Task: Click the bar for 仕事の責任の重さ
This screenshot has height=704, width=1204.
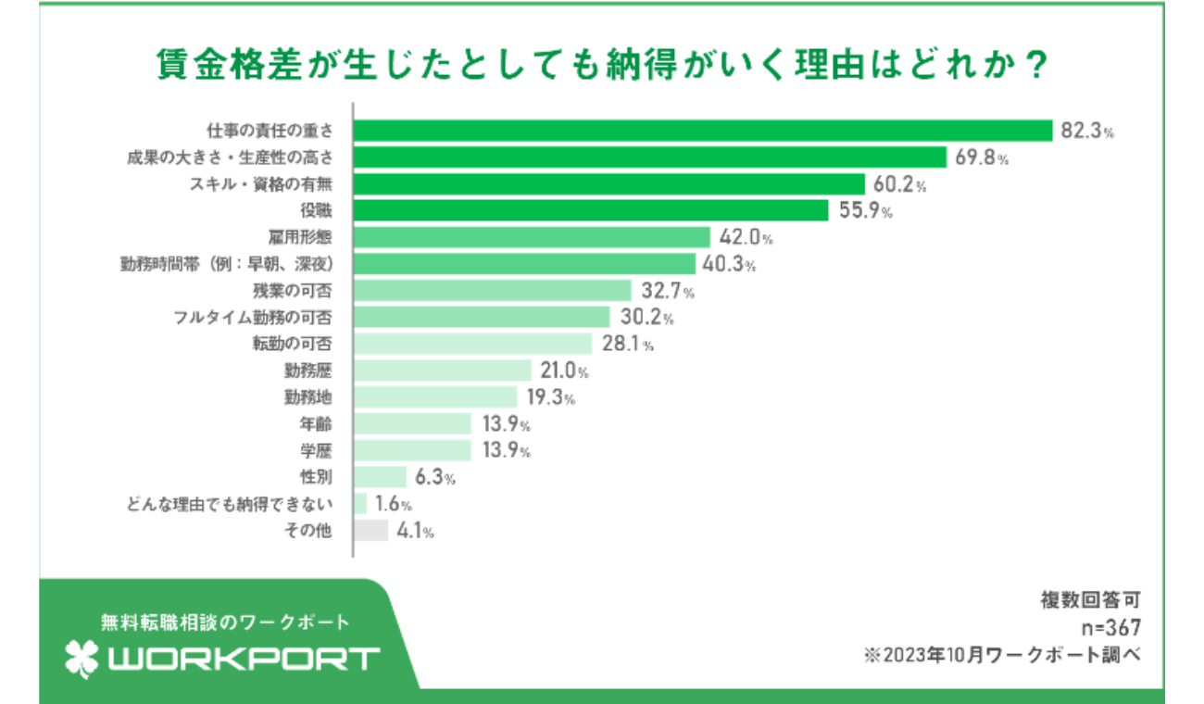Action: coord(704,131)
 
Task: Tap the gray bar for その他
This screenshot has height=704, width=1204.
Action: coord(371,531)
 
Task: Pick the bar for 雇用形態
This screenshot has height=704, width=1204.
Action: coord(532,238)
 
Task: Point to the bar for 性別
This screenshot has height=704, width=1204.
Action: coord(381,477)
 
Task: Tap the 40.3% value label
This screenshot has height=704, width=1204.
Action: coord(730,265)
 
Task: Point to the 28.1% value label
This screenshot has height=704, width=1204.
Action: coord(627,346)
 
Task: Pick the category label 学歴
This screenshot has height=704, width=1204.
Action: coord(316,451)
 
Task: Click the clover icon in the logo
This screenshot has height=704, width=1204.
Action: coord(82,659)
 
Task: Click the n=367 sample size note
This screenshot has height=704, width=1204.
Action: coord(1110,627)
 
